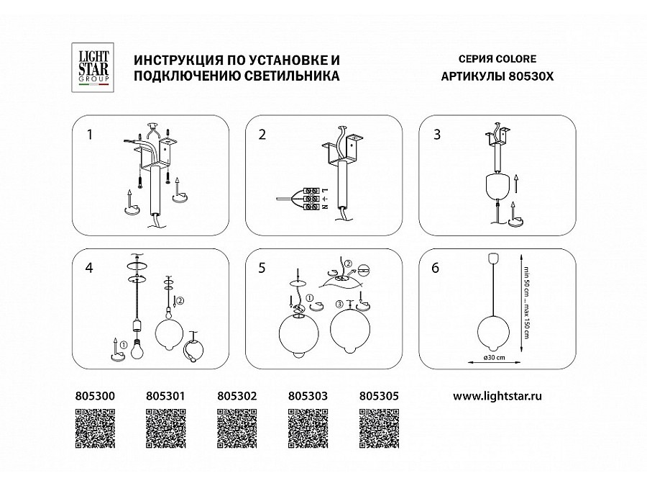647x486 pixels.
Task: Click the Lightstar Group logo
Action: tap(93, 67)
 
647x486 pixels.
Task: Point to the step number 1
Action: tap(90, 134)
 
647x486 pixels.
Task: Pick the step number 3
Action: tap(436, 134)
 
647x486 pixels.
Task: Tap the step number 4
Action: tap(90, 268)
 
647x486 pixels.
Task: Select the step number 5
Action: tap(262, 268)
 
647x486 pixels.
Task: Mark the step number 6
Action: tap(436, 268)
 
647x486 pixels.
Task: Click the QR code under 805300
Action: tap(95, 428)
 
